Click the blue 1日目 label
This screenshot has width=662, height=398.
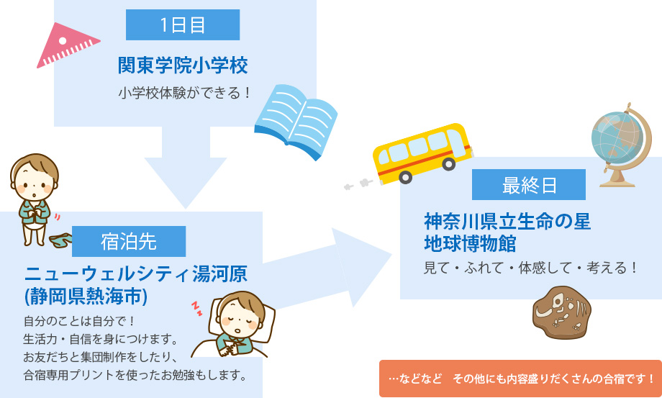click(x=183, y=25)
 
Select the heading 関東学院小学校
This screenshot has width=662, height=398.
click(x=183, y=65)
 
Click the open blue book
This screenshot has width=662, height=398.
click(x=296, y=121)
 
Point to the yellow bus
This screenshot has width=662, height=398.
click(x=422, y=153)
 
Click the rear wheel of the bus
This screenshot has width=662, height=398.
click(x=405, y=177)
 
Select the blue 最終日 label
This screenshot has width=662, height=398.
click(x=529, y=185)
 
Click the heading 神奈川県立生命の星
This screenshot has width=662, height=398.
click(x=507, y=221)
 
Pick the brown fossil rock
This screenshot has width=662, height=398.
click(x=562, y=313)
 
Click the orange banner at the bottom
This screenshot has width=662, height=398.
click(x=520, y=378)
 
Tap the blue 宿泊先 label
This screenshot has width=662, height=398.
click(x=129, y=241)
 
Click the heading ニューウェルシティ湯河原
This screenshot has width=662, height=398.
click(x=135, y=274)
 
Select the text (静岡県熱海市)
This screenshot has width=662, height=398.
click(x=86, y=297)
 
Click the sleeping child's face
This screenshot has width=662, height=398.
click(x=240, y=317)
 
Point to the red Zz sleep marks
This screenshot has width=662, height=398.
click(x=196, y=309)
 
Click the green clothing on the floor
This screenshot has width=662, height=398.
click(x=60, y=240)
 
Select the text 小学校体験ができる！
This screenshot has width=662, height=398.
click(x=185, y=94)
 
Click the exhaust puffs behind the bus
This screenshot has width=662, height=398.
click(x=358, y=184)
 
